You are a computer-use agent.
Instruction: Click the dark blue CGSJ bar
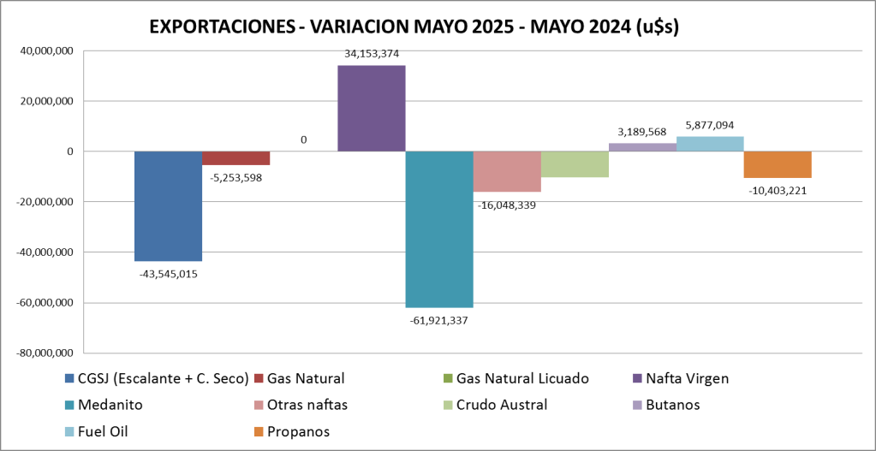168,206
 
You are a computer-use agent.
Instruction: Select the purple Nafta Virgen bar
371,109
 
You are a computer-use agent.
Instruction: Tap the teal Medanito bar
438,229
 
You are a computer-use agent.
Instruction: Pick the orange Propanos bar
778,164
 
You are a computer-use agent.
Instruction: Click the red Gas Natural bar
235,158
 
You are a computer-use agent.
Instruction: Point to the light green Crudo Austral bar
575,164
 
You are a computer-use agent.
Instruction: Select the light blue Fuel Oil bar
710,144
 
